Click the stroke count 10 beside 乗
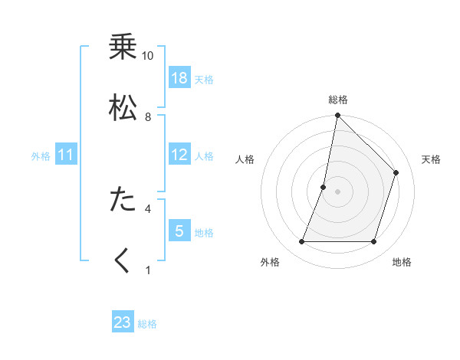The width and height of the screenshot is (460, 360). (x=148, y=56)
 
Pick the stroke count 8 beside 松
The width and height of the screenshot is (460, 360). (x=148, y=116)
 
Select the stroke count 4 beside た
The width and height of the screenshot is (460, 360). (x=148, y=208)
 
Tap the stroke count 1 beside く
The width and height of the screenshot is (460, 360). (x=148, y=269)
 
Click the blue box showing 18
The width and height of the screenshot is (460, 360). (x=179, y=78)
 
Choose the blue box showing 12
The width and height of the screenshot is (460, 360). (x=179, y=155)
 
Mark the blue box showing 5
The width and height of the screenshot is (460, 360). (x=179, y=231)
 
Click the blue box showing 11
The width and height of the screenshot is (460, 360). (x=66, y=155)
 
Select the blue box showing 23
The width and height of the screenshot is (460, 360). (x=123, y=322)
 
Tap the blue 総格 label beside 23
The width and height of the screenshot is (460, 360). (x=147, y=324)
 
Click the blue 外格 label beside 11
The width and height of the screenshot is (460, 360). (x=41, y=156)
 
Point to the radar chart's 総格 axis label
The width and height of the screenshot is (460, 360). (x=337, y=100)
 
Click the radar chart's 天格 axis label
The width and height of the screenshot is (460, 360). (x=432, y=159)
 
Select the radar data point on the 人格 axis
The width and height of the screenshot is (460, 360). (x=324, y=187)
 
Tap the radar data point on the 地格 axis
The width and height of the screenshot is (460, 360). (x=373, y=242)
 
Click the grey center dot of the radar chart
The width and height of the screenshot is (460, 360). (x=337, y=191)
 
